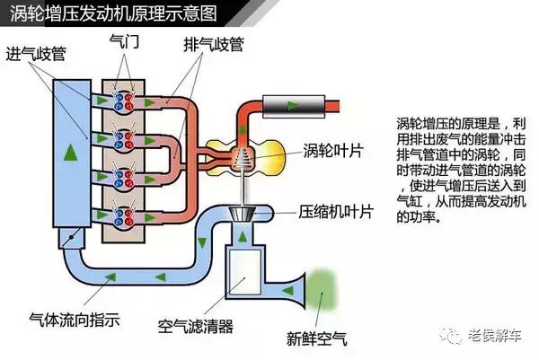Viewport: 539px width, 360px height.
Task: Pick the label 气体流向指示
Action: [x=74, y=319]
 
